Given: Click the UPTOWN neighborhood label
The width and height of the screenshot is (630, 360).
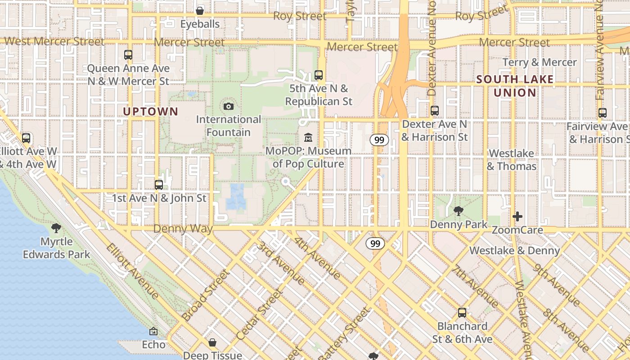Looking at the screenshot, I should [x=150, y=112].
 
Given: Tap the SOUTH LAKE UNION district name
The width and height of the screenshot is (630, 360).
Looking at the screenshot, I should [x=515, y=86].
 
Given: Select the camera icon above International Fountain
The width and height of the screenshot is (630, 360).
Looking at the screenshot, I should [x=229, y=107].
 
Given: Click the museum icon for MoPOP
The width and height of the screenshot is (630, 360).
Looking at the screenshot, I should [x=308, y=137].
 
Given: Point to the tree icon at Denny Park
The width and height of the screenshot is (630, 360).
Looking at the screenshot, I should [x=459, y=211].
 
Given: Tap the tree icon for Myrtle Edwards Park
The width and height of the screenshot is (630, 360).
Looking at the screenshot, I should [x=56, y=228].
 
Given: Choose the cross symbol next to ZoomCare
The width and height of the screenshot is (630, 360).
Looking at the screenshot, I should [x=517, y=216].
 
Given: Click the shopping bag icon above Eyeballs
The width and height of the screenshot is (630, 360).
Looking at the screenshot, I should [x=200, y=10].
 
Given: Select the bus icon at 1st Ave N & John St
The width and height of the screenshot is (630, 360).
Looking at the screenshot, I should [x=158, y=184].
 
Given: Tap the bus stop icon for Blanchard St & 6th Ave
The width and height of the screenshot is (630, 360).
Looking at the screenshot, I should [x=462, y=313].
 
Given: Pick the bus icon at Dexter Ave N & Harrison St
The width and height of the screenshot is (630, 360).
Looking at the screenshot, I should [x=434, y=110].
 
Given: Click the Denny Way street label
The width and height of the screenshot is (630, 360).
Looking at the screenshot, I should [x=183, y=229].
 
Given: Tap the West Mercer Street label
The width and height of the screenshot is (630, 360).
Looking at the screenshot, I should [x=54, y=42].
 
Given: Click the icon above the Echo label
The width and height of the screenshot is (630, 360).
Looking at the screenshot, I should [x=153, y=332].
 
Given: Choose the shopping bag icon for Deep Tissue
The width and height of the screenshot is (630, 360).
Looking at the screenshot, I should [x=212, y=343].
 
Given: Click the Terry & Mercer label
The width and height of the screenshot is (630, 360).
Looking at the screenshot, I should [x=539, y=62].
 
